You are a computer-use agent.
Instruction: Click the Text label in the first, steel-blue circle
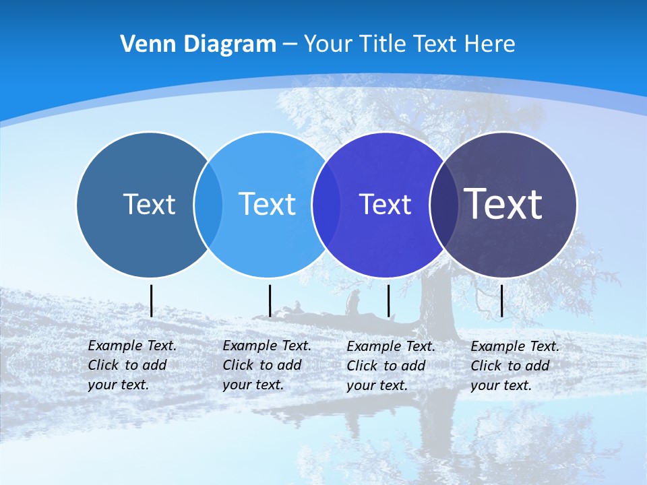[x=149, y=204]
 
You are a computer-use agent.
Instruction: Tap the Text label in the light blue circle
[x=268, y=204]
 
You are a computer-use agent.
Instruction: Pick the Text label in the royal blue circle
[x=386, y=204]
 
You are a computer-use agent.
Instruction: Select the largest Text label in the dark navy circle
[x=503, y=204]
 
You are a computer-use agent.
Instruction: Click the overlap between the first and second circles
[x=208, y=204]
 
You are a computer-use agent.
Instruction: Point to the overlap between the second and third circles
[x=326, y=204]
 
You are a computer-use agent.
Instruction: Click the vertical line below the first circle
[x=151, y=300]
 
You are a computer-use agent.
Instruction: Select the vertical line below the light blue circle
[x=270, y=300]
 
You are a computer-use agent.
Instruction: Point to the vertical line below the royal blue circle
[x=388, y=300]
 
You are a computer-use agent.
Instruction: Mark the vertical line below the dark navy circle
[x=501, y=300]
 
